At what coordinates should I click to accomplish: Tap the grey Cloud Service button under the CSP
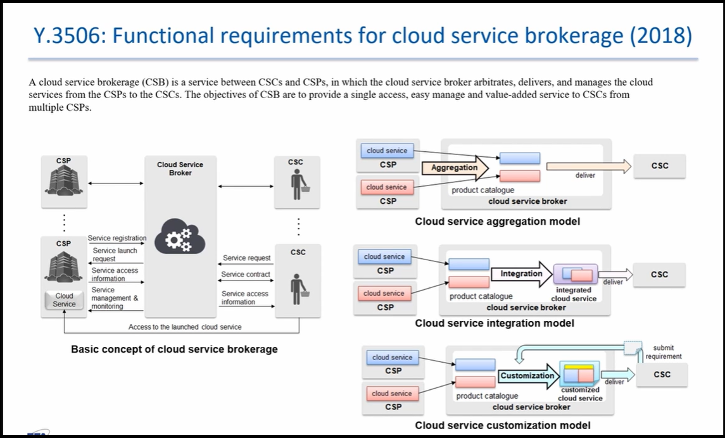(65, 300)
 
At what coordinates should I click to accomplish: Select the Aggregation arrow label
(455, 168)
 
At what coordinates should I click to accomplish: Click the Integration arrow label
(522, 273)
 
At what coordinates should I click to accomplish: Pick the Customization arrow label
(527, 375)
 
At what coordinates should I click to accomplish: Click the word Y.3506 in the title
(70, 36)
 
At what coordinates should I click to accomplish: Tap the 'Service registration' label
(117, 238)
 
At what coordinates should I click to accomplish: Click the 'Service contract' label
(246, 274)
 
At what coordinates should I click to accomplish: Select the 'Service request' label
(246, 258)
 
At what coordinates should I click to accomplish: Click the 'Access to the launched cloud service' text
(185, 327)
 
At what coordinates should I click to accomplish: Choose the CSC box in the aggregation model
(660, 166)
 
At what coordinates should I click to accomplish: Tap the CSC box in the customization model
(662, 375)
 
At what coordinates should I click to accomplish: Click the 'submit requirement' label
(664, 352)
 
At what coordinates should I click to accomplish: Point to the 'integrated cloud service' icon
(576, 274)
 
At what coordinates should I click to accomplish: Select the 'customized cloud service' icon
(580, 374)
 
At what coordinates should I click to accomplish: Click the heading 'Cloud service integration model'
(495, 323)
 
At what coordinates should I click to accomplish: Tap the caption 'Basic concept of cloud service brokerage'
(174, 349)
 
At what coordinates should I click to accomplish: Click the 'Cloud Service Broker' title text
(180, 168)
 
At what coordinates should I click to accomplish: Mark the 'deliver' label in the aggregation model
(585, 175)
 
